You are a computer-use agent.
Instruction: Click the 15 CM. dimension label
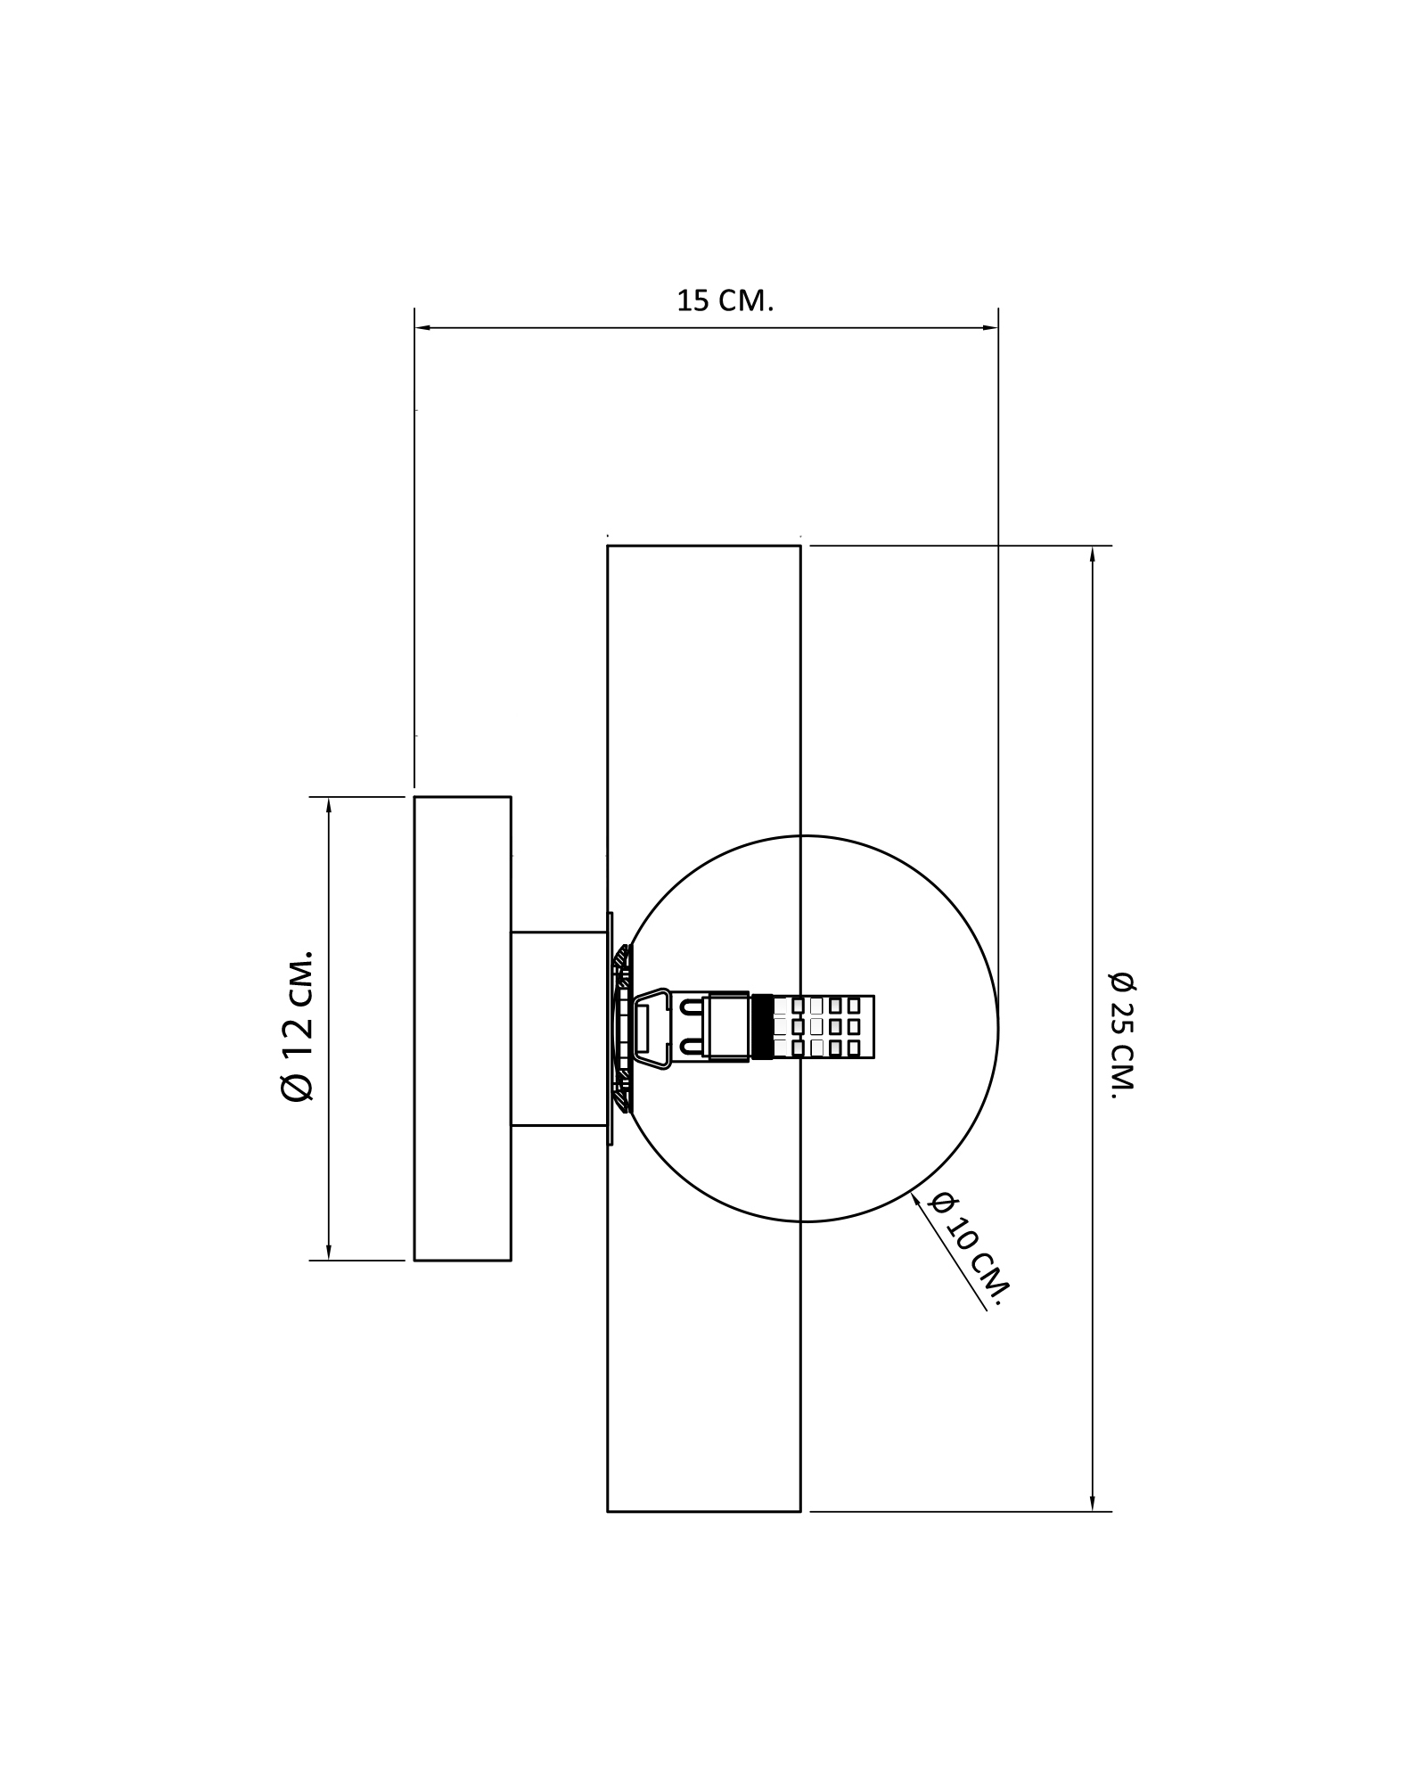(x=725, y=301)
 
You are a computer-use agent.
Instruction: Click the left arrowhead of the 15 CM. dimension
(x=423, y=328)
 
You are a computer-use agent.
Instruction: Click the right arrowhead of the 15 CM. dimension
(x=989, y=328)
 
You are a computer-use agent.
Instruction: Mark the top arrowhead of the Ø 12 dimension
(x=329, y=805)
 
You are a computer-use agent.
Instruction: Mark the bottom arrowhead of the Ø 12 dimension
(x=329, y=1252)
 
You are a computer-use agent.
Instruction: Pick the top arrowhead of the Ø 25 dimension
(x=1093, y=554)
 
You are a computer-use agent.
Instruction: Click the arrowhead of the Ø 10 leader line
(x=918, y=1200)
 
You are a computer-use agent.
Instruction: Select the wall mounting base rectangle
(x=463, y=1029)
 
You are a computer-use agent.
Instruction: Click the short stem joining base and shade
(x=559, y=1029)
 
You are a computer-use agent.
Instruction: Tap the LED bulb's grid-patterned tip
(x=824, y=1027)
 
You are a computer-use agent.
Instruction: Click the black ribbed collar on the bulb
(x=762, y=1027)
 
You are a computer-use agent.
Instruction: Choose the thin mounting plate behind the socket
(x=611, y=1029)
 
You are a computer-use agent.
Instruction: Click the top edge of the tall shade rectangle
(x=704, y=546)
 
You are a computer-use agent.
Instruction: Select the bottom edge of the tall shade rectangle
(x=704, y=1512)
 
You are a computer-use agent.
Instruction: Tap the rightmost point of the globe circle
(x=998, y=1029)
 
